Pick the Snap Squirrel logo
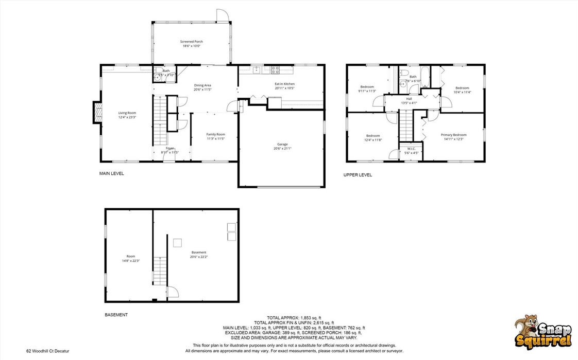543,332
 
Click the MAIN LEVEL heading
111,174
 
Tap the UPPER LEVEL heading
358,175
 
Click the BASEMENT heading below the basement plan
116,315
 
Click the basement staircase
160,271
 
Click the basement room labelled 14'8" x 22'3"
131,258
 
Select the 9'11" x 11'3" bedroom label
367,89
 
